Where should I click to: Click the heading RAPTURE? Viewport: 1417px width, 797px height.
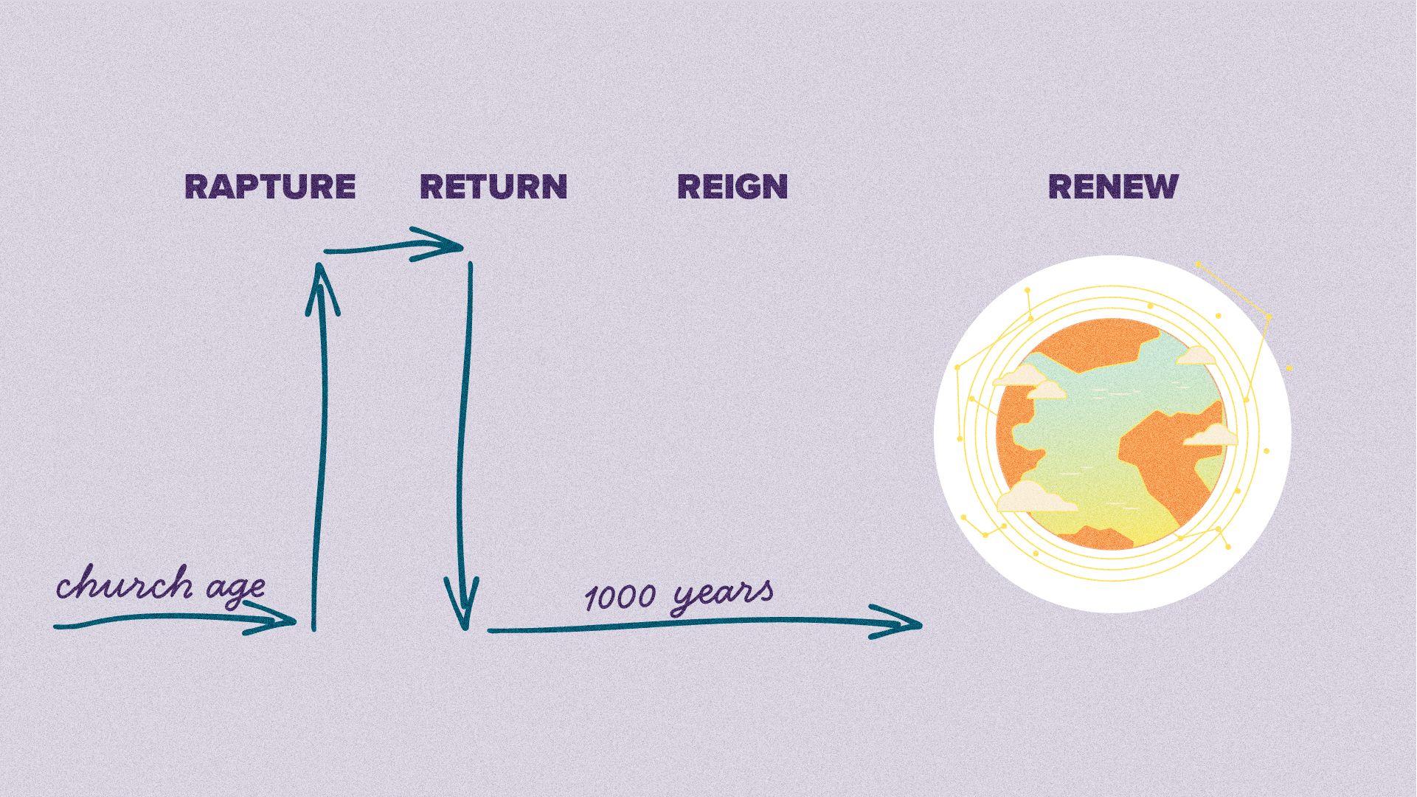(270, 187)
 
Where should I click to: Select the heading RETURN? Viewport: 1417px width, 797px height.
(493, 187)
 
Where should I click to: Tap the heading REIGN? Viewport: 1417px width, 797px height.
(732, 187)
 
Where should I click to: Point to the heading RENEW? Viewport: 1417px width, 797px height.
(1113, 187)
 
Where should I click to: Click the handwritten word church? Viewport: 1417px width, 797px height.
(124, 585)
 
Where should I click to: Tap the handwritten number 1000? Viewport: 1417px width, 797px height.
(620, 597)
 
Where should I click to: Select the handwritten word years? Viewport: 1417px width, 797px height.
(723, 595)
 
